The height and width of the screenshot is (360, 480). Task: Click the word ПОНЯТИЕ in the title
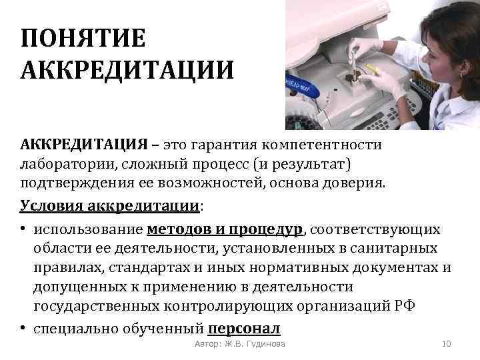tap(83, 38)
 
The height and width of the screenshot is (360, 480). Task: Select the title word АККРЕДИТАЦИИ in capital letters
tap(127, 69)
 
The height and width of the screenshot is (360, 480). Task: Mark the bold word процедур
tap(266, 230)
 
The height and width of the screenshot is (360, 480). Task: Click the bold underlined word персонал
tap(244, 329)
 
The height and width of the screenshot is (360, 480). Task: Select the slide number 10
tap(447, 344)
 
